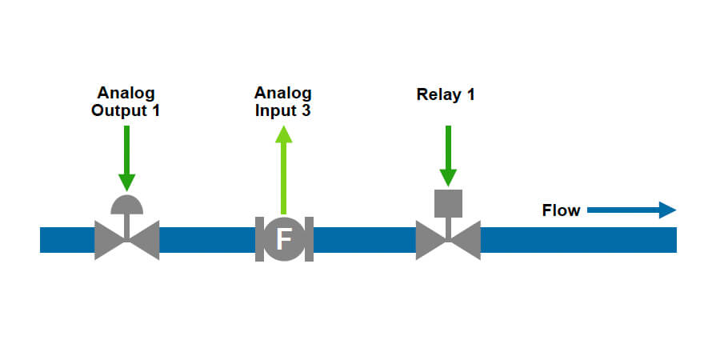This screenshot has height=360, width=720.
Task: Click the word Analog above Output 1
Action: (125, 92)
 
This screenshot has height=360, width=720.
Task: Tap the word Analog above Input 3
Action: (282, 92)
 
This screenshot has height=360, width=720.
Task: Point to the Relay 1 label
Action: (446, 95)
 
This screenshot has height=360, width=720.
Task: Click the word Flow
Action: (561, 211)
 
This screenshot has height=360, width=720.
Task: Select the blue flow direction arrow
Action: (632, 210)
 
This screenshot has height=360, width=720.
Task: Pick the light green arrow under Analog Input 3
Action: (283, 168)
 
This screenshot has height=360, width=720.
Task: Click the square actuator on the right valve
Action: (448, 203)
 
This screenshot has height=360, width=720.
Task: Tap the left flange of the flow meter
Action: (259, 239)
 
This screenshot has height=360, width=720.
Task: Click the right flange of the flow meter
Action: (309, 239)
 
